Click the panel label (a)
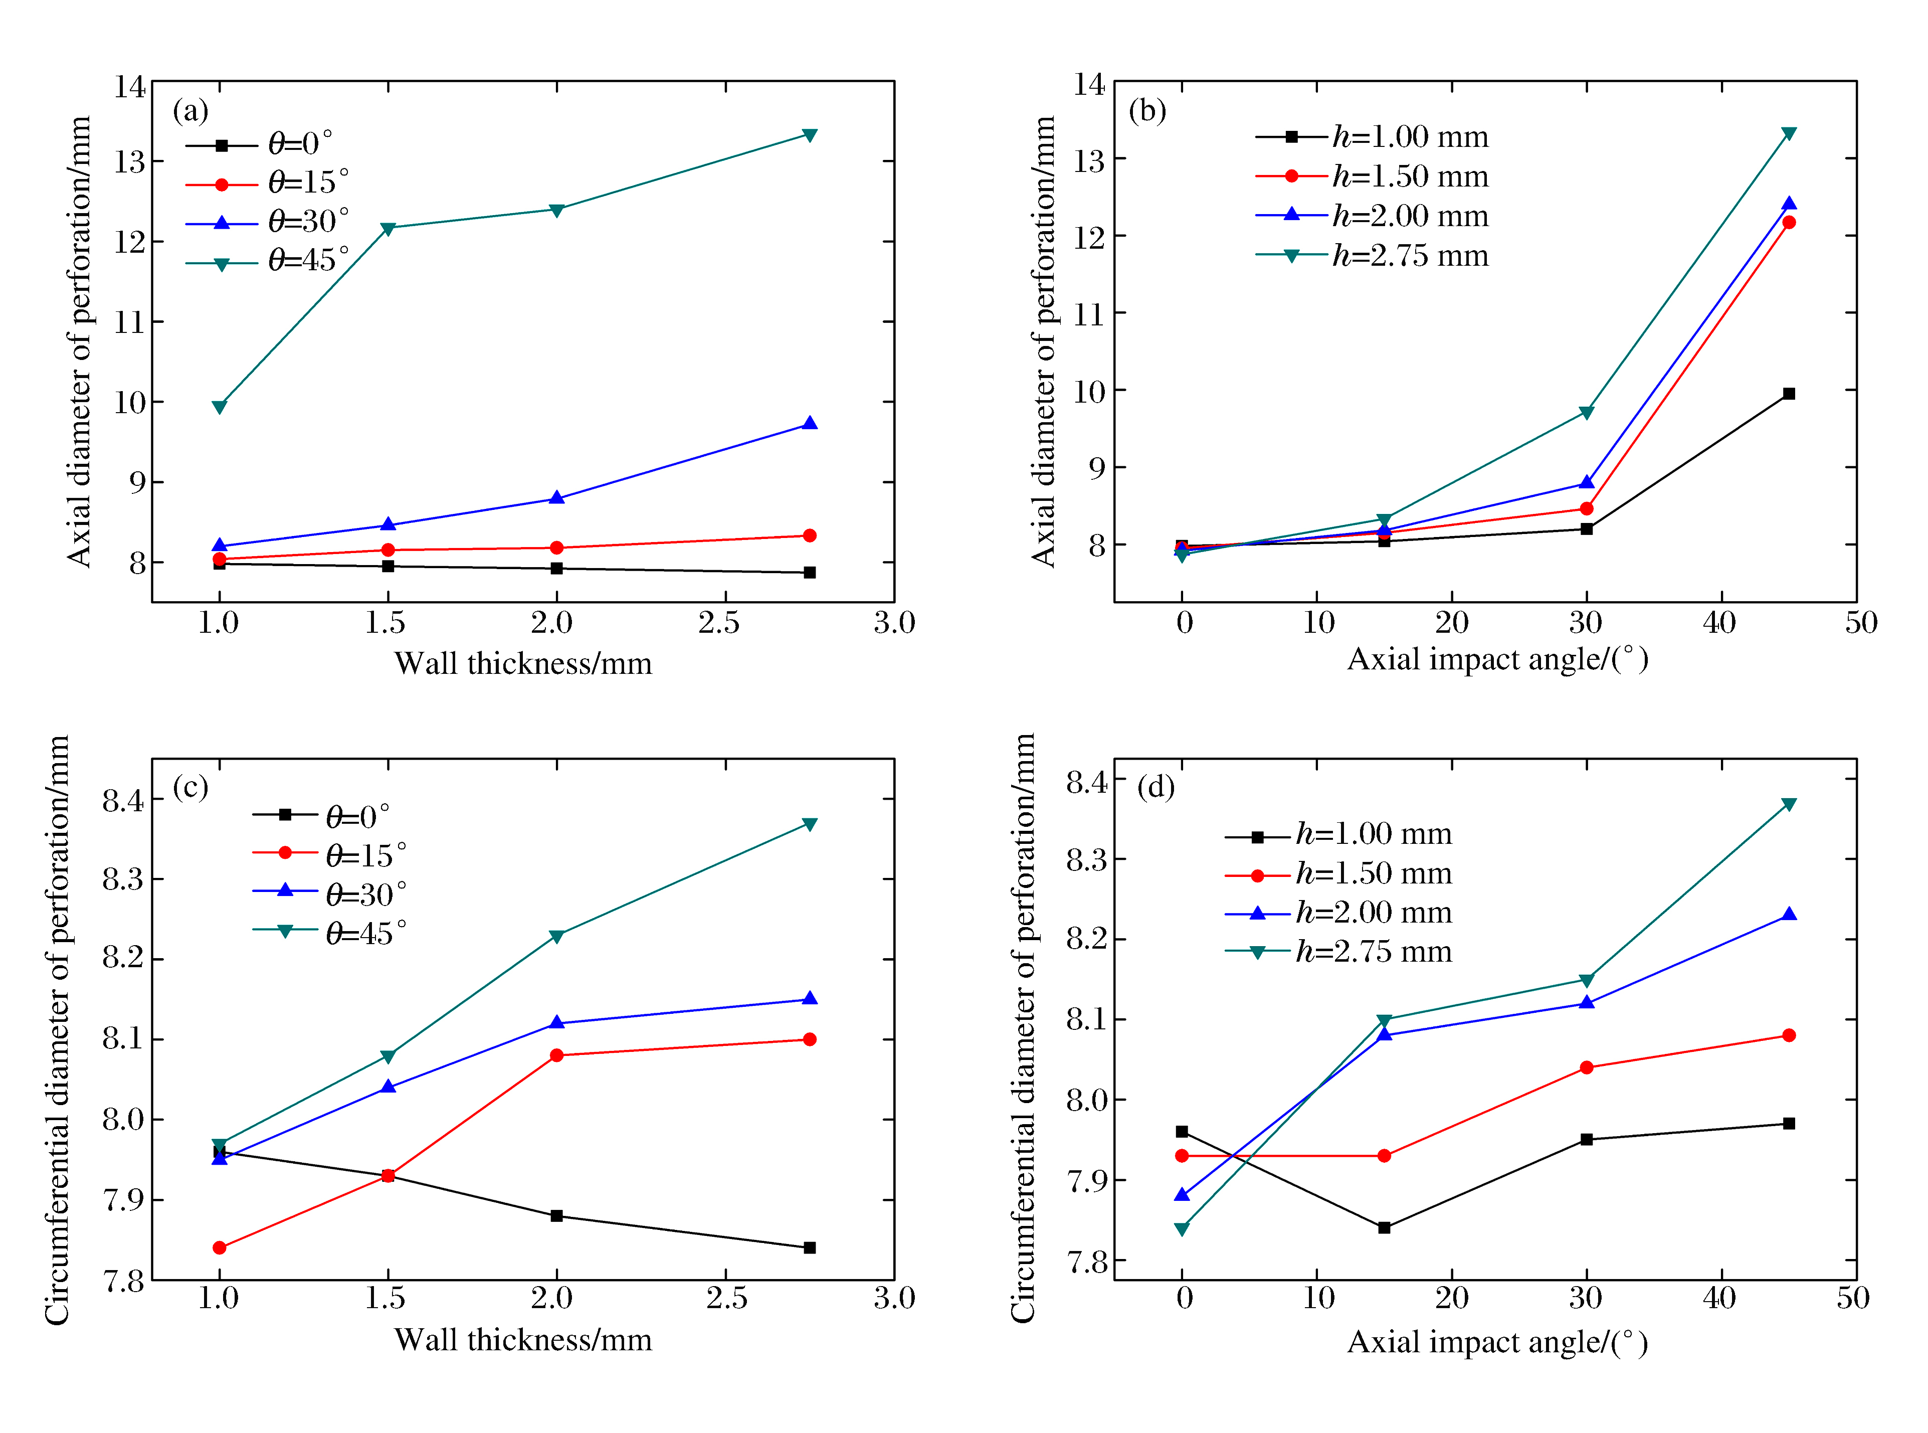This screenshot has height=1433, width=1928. click(191, 111)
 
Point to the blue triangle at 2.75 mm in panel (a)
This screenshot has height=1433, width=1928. click(809, 423)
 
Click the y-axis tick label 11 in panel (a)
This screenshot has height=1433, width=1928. click(130, 323)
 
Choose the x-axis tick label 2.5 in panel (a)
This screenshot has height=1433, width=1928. click(719, 623)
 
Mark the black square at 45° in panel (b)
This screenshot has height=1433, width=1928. click(1788, 394)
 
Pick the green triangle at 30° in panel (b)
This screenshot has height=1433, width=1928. click(1586, 413)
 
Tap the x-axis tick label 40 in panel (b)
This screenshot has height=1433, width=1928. click(1719, 623)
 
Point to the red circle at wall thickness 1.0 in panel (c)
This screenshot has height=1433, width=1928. click(220, 1247)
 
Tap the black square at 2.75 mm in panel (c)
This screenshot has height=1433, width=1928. click(809, 1247)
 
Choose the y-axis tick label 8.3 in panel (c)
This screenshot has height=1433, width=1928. click(123, 879)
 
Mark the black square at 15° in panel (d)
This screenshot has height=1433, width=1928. click(1384, 1227)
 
